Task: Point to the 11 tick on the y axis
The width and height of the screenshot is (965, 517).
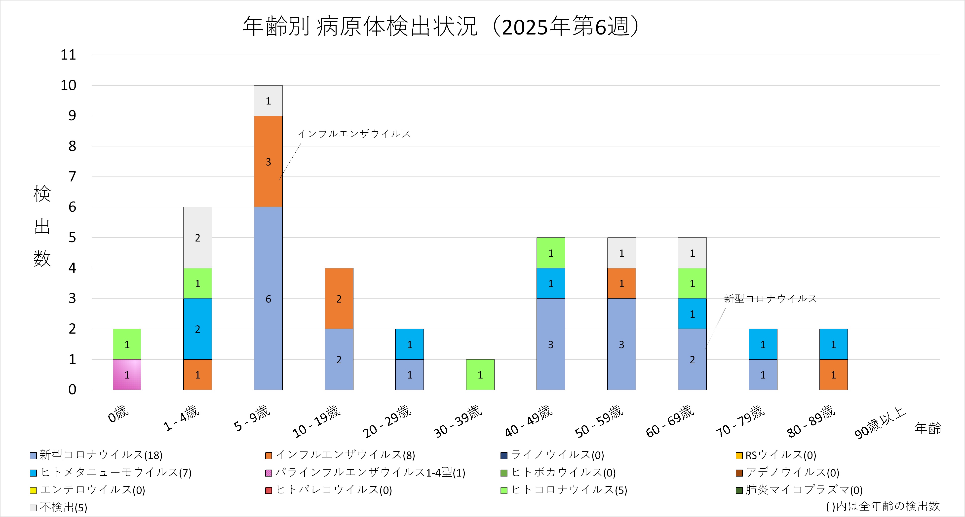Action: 69,55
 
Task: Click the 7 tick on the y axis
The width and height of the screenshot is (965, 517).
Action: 72,177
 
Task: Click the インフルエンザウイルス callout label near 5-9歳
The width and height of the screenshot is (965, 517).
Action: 354,134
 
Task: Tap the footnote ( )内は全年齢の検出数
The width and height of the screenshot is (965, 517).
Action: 883,506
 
